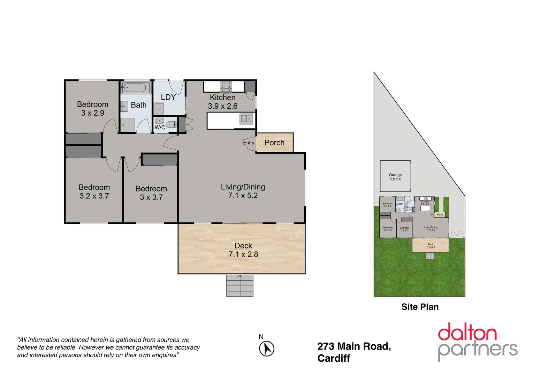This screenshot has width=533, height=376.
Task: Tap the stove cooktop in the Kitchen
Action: [226, 86]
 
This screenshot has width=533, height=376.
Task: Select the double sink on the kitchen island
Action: [246, 119]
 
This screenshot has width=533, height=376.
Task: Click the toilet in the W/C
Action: [171, 124]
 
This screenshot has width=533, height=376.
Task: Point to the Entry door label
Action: [249, 143]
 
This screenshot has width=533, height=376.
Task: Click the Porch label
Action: [274, 143]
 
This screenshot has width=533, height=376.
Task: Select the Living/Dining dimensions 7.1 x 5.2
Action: [243, 196]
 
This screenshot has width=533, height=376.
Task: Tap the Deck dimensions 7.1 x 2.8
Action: [243, 254]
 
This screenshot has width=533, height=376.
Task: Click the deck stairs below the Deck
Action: [240, 286]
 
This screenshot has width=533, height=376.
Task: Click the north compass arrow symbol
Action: [267, 348]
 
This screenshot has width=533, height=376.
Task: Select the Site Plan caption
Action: [420, 307]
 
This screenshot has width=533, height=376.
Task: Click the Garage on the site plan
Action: [395, 177]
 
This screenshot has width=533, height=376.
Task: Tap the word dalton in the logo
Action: [467, 332]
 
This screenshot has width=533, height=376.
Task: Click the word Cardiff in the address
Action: [334, 358]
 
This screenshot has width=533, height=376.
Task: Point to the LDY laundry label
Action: [168, 97]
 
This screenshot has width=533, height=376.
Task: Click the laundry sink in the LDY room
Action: [160, 109]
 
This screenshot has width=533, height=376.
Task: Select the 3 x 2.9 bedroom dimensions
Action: [93, 113]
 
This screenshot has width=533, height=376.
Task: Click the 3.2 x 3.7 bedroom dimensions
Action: [94, 196]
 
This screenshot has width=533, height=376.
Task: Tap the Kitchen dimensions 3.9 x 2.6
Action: [223, 106]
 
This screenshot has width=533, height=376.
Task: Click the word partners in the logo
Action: [478, 350]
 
